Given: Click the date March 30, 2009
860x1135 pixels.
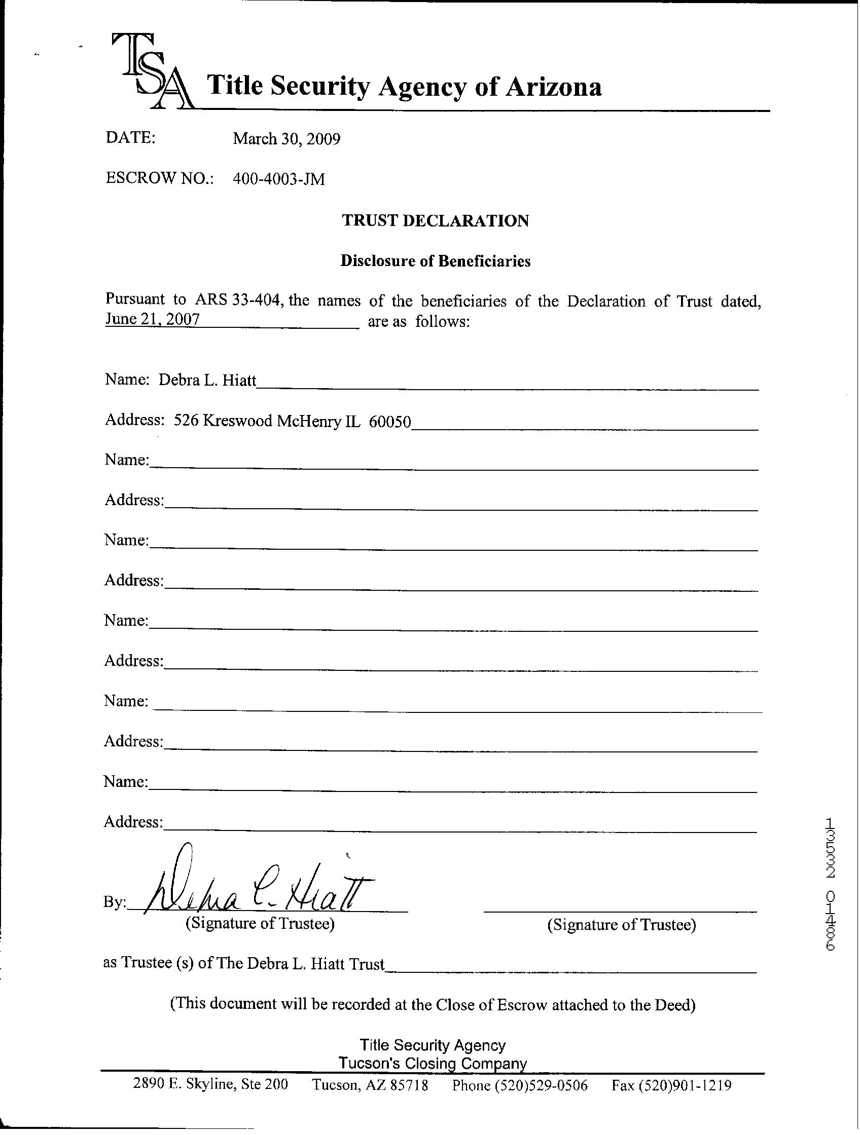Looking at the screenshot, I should [x=286, y=138].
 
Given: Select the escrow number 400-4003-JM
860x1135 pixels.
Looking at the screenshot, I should [x=278, y=179].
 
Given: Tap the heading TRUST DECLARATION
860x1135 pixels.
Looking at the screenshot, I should [x=435, y=220].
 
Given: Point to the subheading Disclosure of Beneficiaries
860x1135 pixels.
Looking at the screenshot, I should [x=435, y=261].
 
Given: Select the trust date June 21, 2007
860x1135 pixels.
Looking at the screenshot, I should [x=152, y=319].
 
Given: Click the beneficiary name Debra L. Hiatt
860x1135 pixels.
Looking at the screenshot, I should [x=207, y=380].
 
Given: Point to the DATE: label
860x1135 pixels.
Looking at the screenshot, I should [x=130, y=137].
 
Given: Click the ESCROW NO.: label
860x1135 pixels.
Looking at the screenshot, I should [x=159, y=178].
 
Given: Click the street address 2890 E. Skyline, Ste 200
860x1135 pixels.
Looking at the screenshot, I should [x=210, y=1084].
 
